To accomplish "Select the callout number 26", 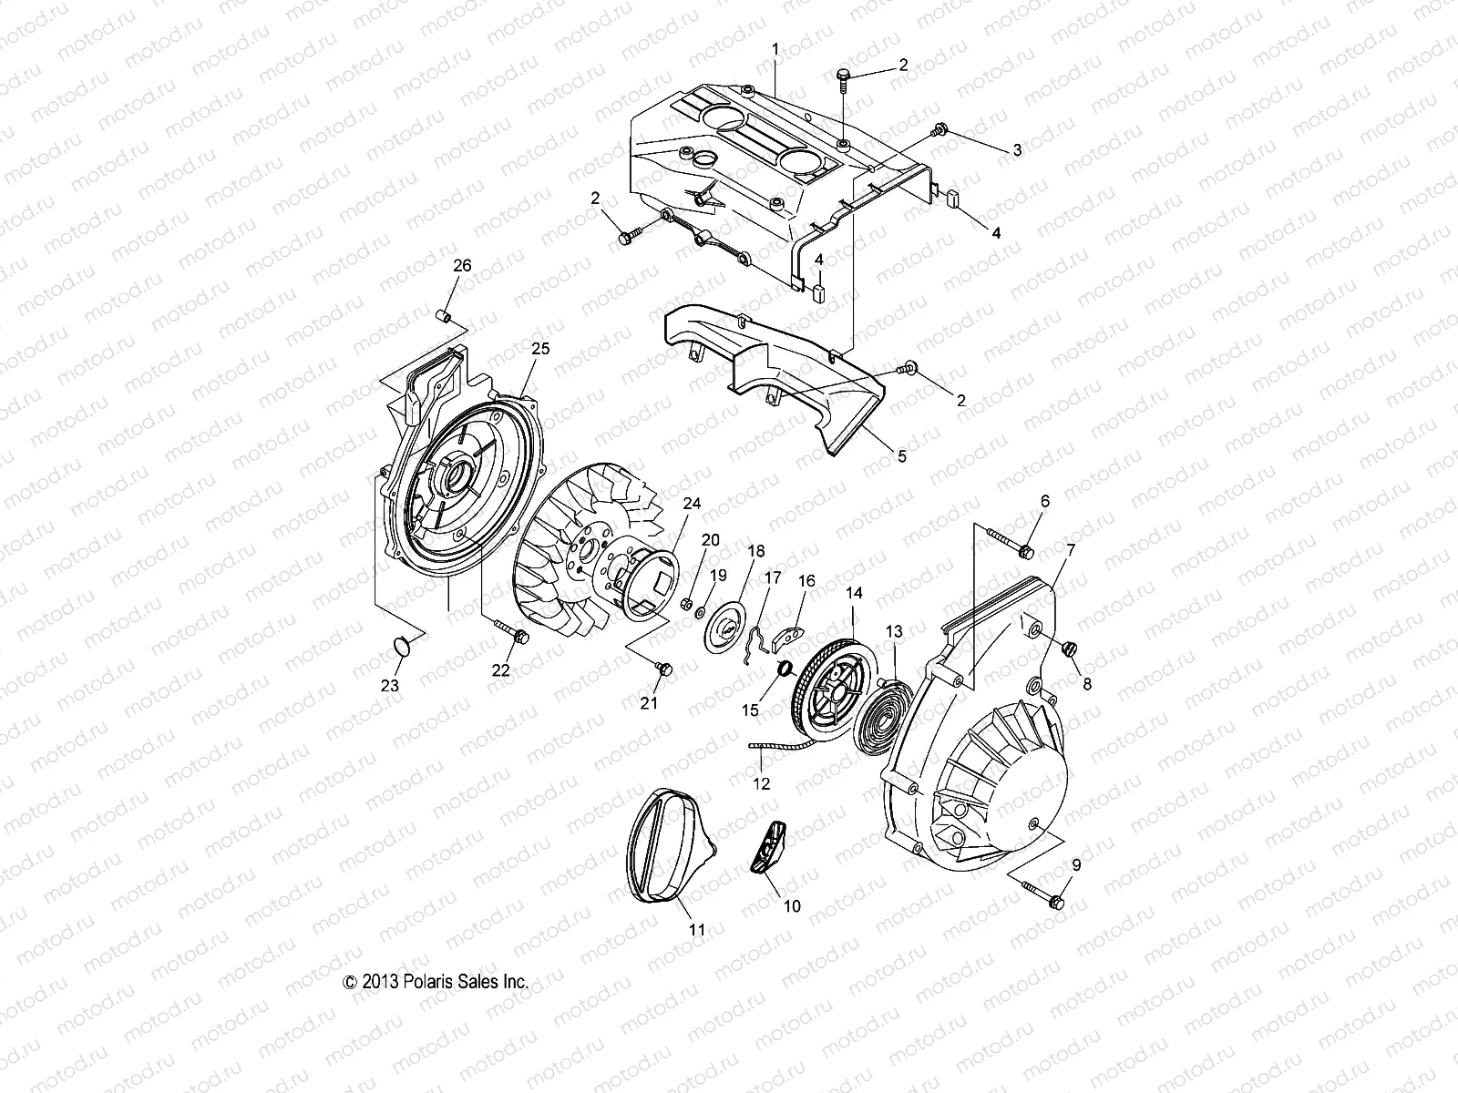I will pos(463,266).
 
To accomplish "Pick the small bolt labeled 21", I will pos(663,669).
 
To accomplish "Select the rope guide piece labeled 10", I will pos(770,843).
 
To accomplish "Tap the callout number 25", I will pos(541,349).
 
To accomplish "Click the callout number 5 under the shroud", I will pos(901,456).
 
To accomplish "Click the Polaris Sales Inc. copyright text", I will pos(436,982).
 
